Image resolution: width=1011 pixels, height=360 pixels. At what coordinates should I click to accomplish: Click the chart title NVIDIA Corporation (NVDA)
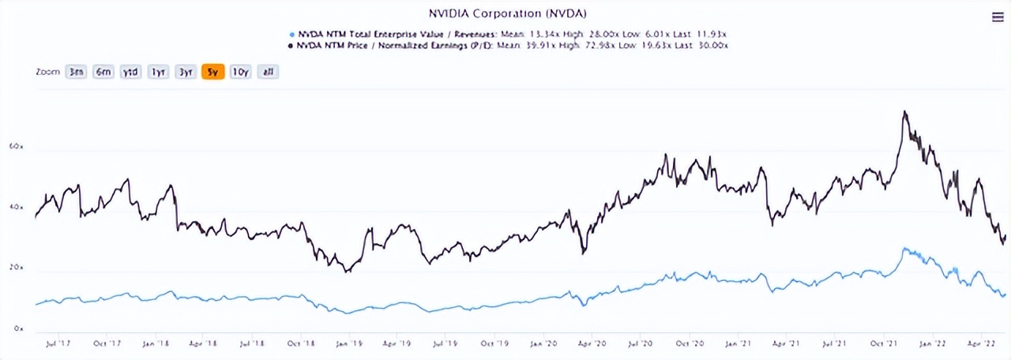tap(506, 13)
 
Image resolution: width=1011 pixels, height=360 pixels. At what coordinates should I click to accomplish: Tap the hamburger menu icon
tap(997, 17)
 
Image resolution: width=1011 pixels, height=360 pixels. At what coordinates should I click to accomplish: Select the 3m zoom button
tap(76, 72)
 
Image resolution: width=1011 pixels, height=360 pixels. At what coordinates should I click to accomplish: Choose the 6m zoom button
tap(103, 72)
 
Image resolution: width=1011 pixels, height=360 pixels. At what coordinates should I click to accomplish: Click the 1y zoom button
tap(158, 72)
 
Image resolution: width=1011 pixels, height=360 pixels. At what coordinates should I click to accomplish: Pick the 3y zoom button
tap(186, 72)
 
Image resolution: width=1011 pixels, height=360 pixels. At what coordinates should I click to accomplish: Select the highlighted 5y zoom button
tap(212, 72)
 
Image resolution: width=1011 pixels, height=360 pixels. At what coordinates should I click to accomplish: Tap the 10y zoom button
tap(240, 72)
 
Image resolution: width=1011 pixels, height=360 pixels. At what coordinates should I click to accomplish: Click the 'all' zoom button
tap(268, 72)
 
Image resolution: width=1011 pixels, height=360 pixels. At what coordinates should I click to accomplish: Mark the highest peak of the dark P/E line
tap(904, 111)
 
